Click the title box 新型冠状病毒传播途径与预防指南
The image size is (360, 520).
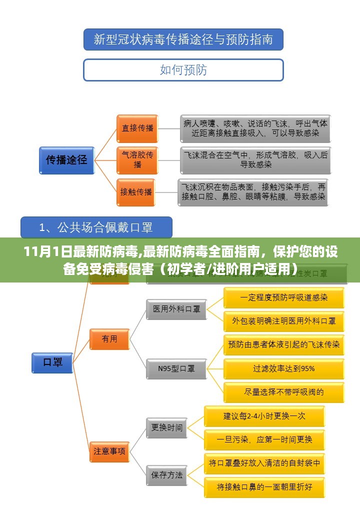point(183,39)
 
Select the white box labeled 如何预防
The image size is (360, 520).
point(183,70)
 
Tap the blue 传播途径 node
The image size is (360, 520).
point(67,160)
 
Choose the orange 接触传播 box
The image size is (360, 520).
point(136,191)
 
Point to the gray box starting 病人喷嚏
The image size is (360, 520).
point(255,128)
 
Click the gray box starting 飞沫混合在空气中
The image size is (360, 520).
point(255,159)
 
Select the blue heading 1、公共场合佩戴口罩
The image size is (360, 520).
point(96,227)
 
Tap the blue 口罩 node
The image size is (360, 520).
point(52,362)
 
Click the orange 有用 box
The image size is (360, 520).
point(109,339)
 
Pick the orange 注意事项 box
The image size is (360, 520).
point(109,451)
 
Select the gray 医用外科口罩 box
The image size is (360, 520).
point(176,309)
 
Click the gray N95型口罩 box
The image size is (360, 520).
point(176,369)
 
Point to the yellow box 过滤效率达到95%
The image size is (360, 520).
point(283,369)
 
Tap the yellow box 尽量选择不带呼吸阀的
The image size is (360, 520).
point(283,392)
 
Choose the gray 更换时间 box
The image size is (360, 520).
point(167,427)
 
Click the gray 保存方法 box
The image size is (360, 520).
point(167,474)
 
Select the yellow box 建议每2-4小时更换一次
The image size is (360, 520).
point(264,416)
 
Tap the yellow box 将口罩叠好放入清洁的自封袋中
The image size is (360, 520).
point(264,463)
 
